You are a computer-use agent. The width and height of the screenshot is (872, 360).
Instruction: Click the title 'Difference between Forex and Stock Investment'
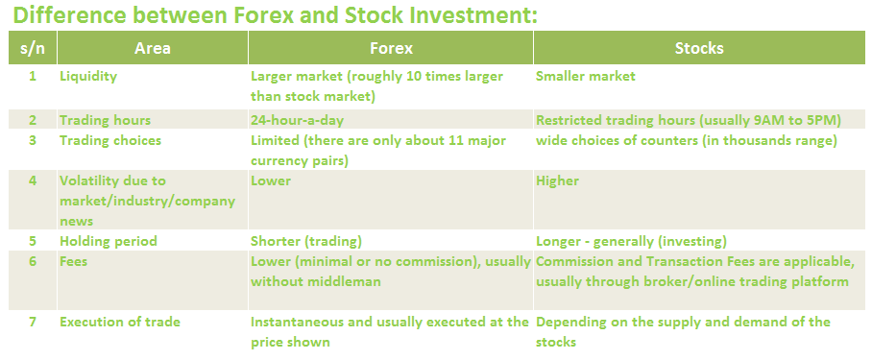[x=275, y=14]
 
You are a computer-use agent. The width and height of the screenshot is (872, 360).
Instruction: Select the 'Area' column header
[x=153, y=48]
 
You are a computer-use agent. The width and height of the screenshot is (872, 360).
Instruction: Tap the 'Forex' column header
[x=391, y=48]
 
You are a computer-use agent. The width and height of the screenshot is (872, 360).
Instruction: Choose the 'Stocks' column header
[x=699, y=48]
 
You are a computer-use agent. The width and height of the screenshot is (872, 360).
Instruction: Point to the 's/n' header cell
[x=33, y=48]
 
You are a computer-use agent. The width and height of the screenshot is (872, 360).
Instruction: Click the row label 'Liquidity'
[x=88, y=76]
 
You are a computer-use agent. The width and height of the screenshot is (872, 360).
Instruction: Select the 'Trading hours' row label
[x=105, y=120]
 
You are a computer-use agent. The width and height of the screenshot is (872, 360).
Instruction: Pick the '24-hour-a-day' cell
[x=297, y=120]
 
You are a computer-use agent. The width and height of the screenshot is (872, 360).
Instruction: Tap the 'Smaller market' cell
[x=586, y=76]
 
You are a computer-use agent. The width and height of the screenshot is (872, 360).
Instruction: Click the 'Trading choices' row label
[x=110, y=140]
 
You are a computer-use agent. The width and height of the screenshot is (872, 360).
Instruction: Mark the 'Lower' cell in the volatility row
[x=271, y=180]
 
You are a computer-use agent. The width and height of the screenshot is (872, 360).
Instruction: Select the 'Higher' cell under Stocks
[x=557, y=180]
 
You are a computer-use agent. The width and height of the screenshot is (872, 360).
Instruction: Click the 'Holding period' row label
[x=109, y=241]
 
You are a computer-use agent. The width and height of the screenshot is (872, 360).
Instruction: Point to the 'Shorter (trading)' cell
[x=305, y=241]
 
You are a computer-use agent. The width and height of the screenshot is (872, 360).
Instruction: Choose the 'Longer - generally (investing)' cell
[x=631, y=241]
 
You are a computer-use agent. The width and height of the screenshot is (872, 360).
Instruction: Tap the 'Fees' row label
[x=73, y=261]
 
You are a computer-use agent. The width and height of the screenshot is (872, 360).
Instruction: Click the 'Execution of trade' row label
[x=120, y=322]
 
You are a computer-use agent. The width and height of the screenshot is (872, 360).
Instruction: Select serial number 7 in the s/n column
[x=33, y=322]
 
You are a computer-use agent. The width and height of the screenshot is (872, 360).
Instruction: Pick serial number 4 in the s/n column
[x=33, y=180]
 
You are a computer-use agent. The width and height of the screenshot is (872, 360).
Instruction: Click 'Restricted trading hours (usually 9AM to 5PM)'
[x=689, y=120]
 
